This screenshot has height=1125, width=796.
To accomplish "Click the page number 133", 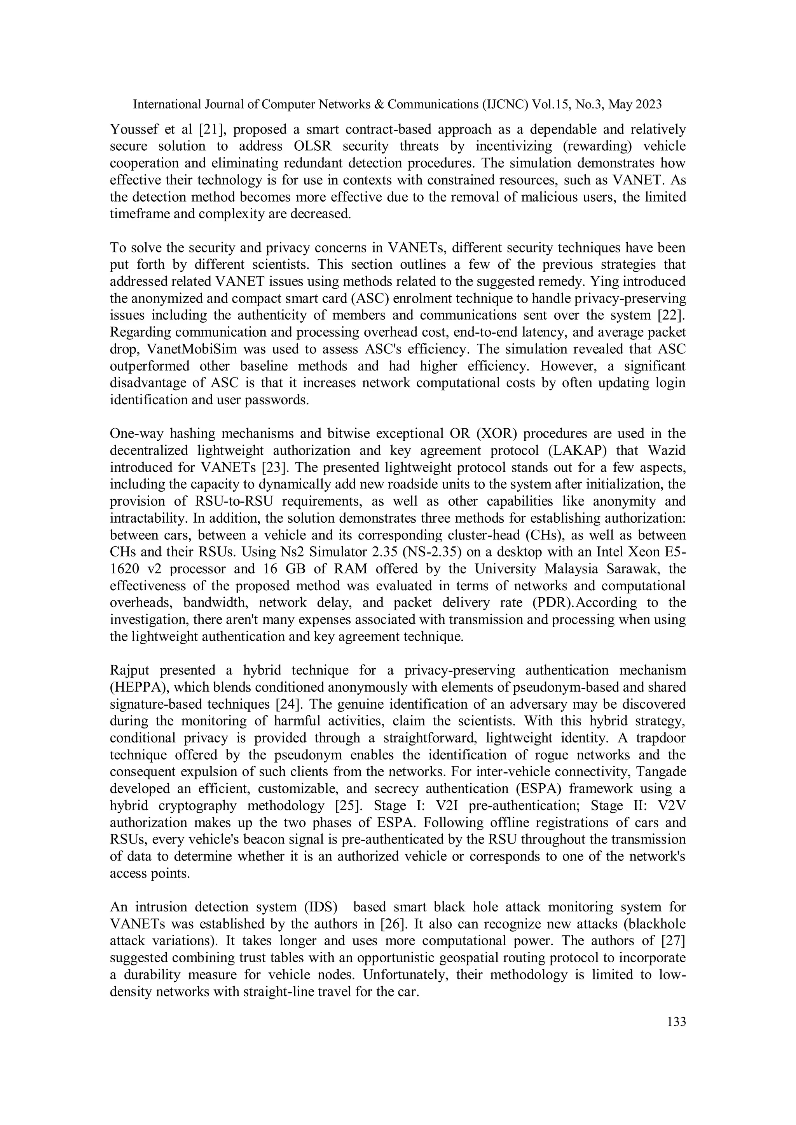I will pyautogui.click(x=676, y=1022).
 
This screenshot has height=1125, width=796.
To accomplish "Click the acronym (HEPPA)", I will pyautogui.click(x=138, y=687).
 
